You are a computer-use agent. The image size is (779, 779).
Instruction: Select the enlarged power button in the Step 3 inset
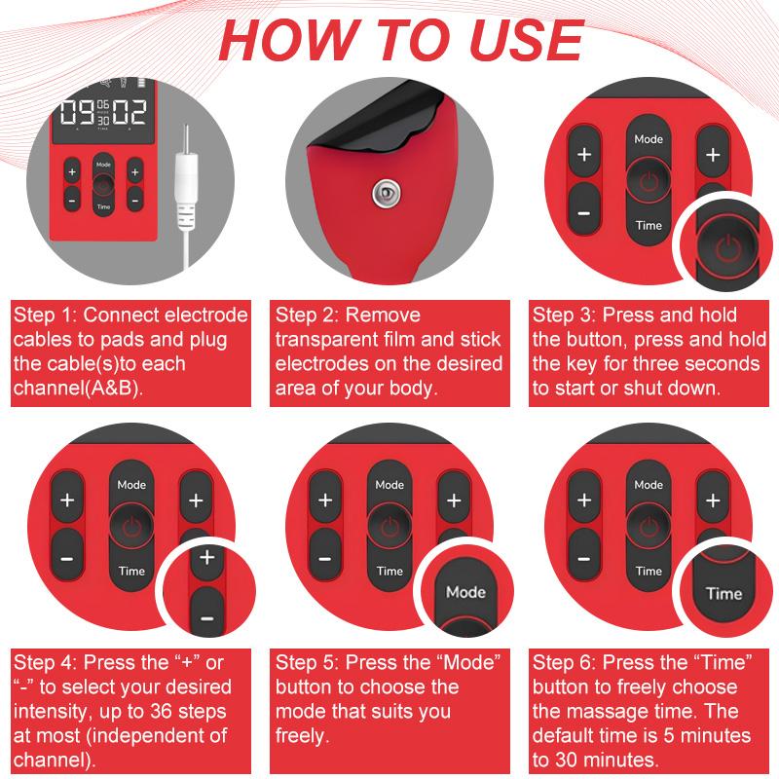click(726, 246)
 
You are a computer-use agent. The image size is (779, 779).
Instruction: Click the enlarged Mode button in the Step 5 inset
click(465, 592)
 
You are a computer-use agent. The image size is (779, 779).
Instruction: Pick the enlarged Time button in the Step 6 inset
click(723, 593)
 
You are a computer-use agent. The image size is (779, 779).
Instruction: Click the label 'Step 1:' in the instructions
click(46, 315)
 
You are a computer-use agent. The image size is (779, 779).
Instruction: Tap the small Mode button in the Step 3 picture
click(649, 139)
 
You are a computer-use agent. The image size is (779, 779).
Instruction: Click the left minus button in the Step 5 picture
click(325, 559)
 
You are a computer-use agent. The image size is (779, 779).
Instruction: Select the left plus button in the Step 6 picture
click(584, 501)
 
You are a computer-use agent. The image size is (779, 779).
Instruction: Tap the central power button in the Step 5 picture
click(389, 527)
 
